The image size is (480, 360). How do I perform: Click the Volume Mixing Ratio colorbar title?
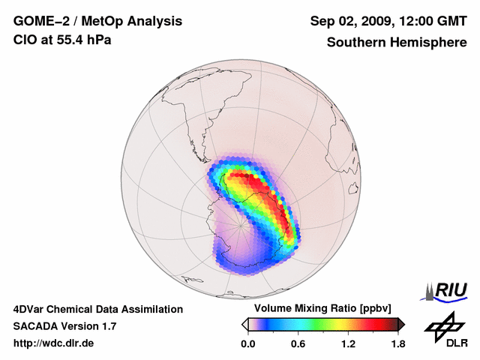(319, 308)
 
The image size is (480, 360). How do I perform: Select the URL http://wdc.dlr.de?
(54, 343)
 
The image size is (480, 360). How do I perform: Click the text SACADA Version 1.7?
(64, 326)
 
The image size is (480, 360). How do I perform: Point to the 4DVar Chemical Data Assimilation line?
(97, 309)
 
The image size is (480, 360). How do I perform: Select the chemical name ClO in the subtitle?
(24, 40)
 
